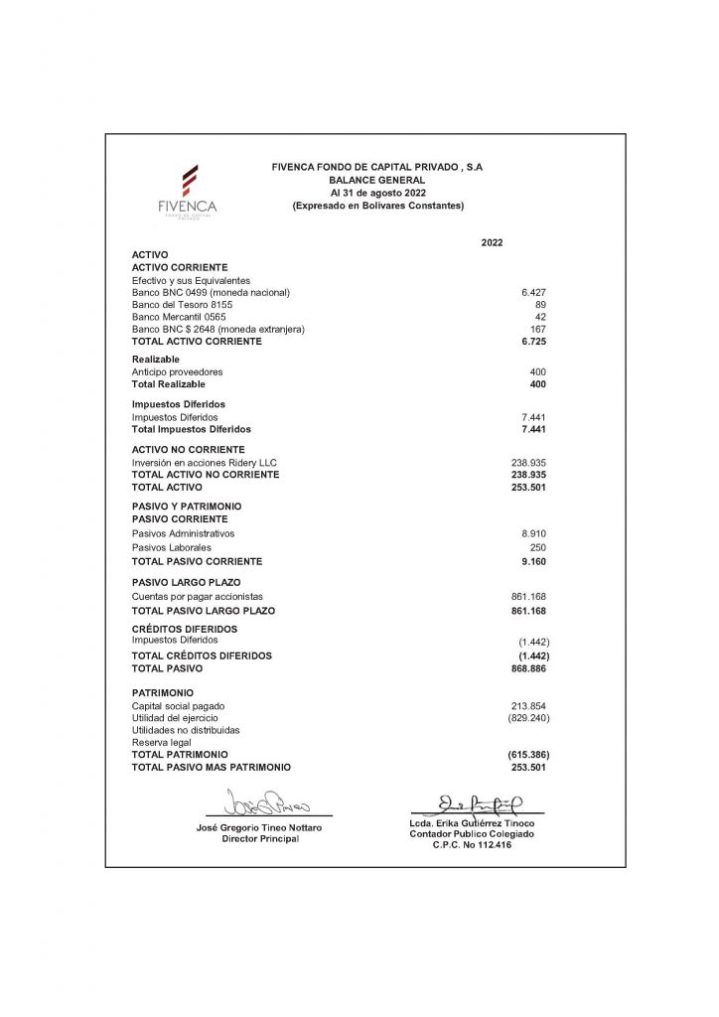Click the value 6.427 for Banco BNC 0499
pyautogui.click(x=533, y=293)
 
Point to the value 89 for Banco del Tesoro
pyautogui.click(x=540, y=305)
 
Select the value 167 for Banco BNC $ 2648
pyautogui.click(x=537, y=329)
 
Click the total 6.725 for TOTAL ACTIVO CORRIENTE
pyautogui.click(x=533, y=341)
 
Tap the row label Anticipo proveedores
pyautogui.click(x=177, y=371)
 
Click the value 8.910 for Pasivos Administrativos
pyautogui.click(x=533, y=533)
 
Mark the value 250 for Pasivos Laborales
pyautogui.click(x=537, y=547)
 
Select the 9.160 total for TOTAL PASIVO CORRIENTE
pyautogui.click(x=533, y=561)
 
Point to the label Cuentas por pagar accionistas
pyautogui.click(x=197, y=596)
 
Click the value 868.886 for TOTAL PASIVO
pyautogui.click(x=528, y=668)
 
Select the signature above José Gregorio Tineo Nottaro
pyautogui.click(x=269, y=800)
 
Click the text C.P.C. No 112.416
pyautogui.click(x=472, y=844)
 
